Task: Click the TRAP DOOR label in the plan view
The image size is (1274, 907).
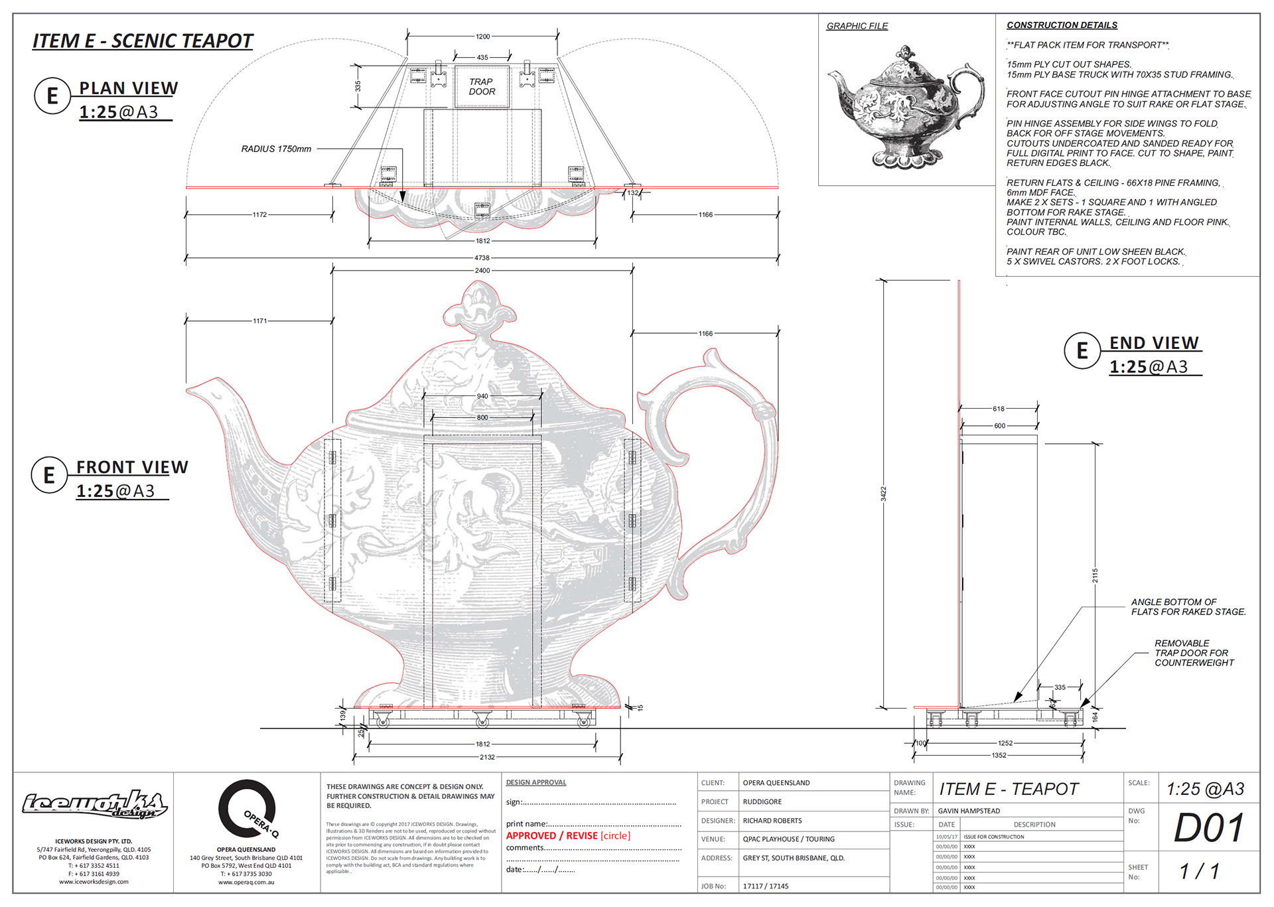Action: (x=482, y=87)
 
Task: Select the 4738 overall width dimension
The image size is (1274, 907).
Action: (x=482, y=257)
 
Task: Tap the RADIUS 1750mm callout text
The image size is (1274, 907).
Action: (x=276, y=149)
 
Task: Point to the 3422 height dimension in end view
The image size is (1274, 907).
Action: (x=883, y=494)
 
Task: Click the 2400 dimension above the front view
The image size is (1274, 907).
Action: (x=482, y=271)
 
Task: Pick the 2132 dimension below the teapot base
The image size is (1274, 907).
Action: (x=487, y=757)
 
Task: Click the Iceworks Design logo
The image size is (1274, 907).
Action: (x=94, y=805)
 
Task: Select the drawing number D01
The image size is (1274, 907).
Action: (x=1208, y=828)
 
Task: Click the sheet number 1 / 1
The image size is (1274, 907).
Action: (x=1199, y=871)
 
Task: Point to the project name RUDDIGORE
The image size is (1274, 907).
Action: (x=762, y=802)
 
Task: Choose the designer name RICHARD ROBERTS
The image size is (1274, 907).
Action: (x=772, y=821)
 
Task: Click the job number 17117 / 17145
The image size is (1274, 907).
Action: (x=766, y=886)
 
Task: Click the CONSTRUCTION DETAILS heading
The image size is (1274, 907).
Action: (x=1062, y=25)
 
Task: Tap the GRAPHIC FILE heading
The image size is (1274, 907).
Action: (x=857, y=27)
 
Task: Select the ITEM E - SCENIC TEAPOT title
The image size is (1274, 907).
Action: (x=143, y=41)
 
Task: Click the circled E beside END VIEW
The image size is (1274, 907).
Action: (x=1082, y=350)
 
